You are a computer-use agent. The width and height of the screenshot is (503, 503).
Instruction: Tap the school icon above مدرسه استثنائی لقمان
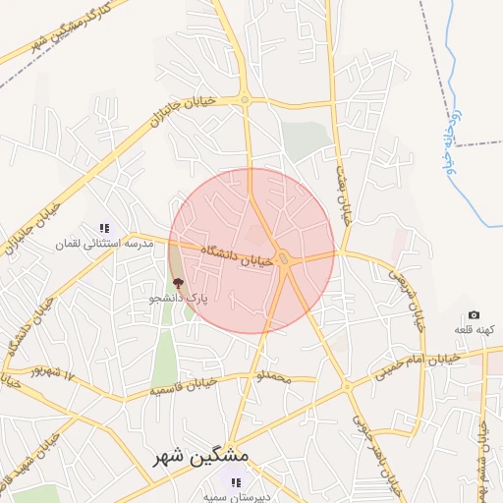tap(104, 228)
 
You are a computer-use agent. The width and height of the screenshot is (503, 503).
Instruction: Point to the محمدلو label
tap(274, 376)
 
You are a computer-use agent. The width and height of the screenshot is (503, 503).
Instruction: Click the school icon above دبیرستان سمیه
tap(235, 482)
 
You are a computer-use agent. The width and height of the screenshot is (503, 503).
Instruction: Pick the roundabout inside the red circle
tap(284, 259)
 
